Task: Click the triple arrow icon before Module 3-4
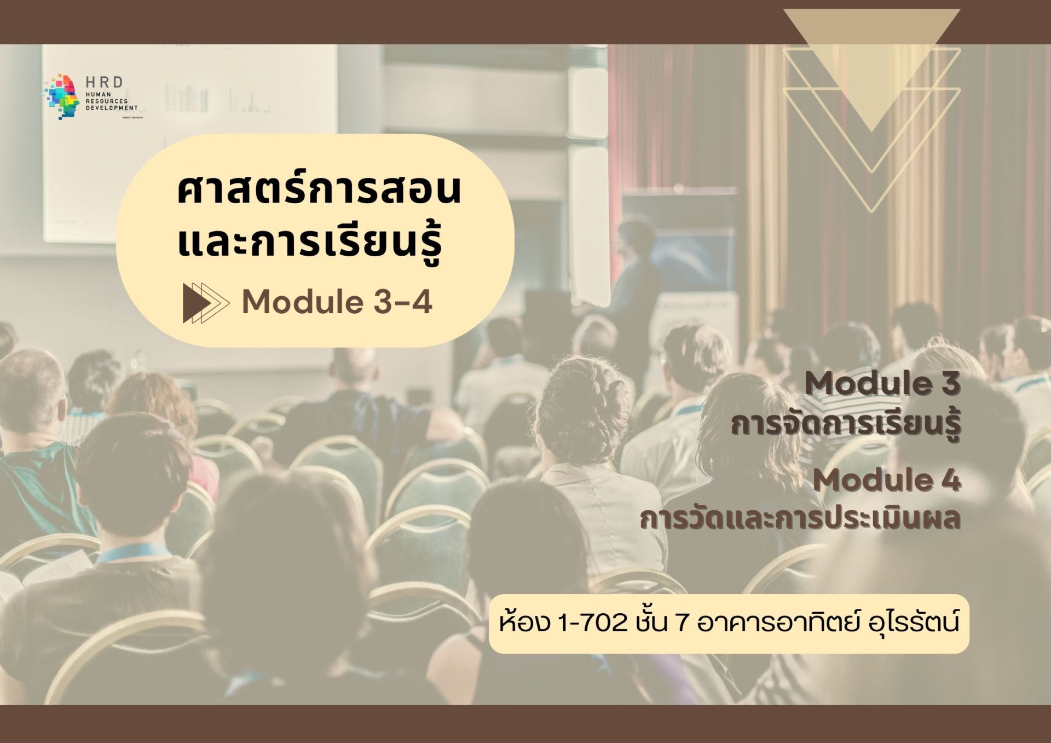[205, 302]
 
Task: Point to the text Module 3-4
[337, 302]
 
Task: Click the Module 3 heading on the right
[882, 384]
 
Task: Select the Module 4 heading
[887, 480]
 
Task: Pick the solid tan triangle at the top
[871, 55]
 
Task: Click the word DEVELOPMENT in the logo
[112, 108]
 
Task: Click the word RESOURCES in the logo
[107, 101]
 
